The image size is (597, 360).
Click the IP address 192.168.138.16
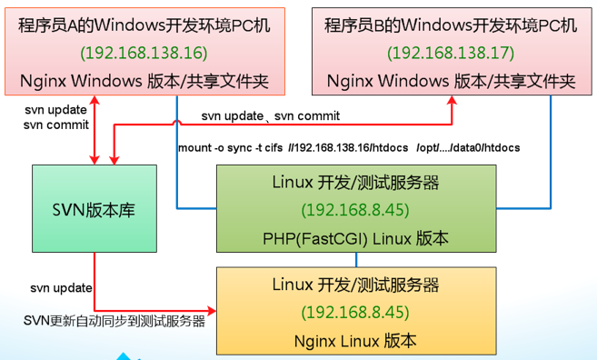click(x=143, y=52)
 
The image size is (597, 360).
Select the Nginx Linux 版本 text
click(x=355, y=341)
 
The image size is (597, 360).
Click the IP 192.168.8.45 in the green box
click(x=355, y=211)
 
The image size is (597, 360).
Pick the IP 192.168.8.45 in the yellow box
click(x=355, y=312)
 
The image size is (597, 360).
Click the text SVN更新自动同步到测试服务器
click(x=114, y=320)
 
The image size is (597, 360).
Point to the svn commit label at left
click(x=56, y=124)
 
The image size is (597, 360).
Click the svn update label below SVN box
click(x=61, y=288)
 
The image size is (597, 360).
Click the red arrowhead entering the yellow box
click(x=212, y=309)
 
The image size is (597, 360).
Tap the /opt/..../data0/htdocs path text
click(x=468, y=146)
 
